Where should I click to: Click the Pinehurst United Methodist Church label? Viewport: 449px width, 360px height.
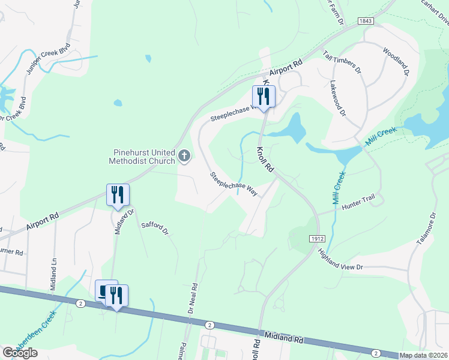pos(142,157)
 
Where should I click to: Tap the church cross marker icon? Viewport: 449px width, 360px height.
pos(184,157)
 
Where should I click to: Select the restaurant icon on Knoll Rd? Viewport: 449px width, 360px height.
pos(263,96)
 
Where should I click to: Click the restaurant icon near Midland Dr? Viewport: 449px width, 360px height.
pos(118,194)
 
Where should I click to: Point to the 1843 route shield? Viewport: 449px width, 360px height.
pos(366,21)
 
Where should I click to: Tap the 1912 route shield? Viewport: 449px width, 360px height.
pos(318,238)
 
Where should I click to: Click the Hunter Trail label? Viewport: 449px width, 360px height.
pos(358,206)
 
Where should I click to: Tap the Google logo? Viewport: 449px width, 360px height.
pos(20,353)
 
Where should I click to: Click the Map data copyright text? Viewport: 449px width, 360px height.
pos(424,356)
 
